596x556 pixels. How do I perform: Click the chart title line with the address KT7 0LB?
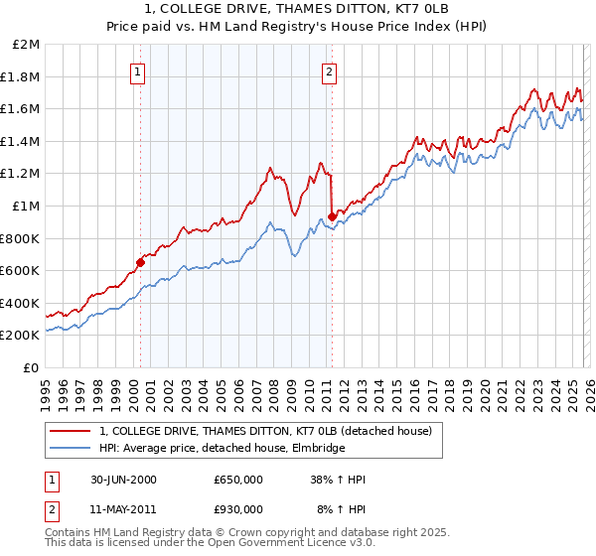click(x=297, y=9)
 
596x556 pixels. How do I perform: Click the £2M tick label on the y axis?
click(x=27, y=45)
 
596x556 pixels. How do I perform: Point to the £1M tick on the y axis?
click(x=27, y=207)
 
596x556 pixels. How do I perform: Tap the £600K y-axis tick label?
click(x=21, y=271)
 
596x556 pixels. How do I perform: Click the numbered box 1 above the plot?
click(x=137, y=70)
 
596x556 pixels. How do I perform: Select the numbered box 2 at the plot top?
click(x=328, y=70)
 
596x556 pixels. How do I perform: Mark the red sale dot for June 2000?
click(x=140, y=263)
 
